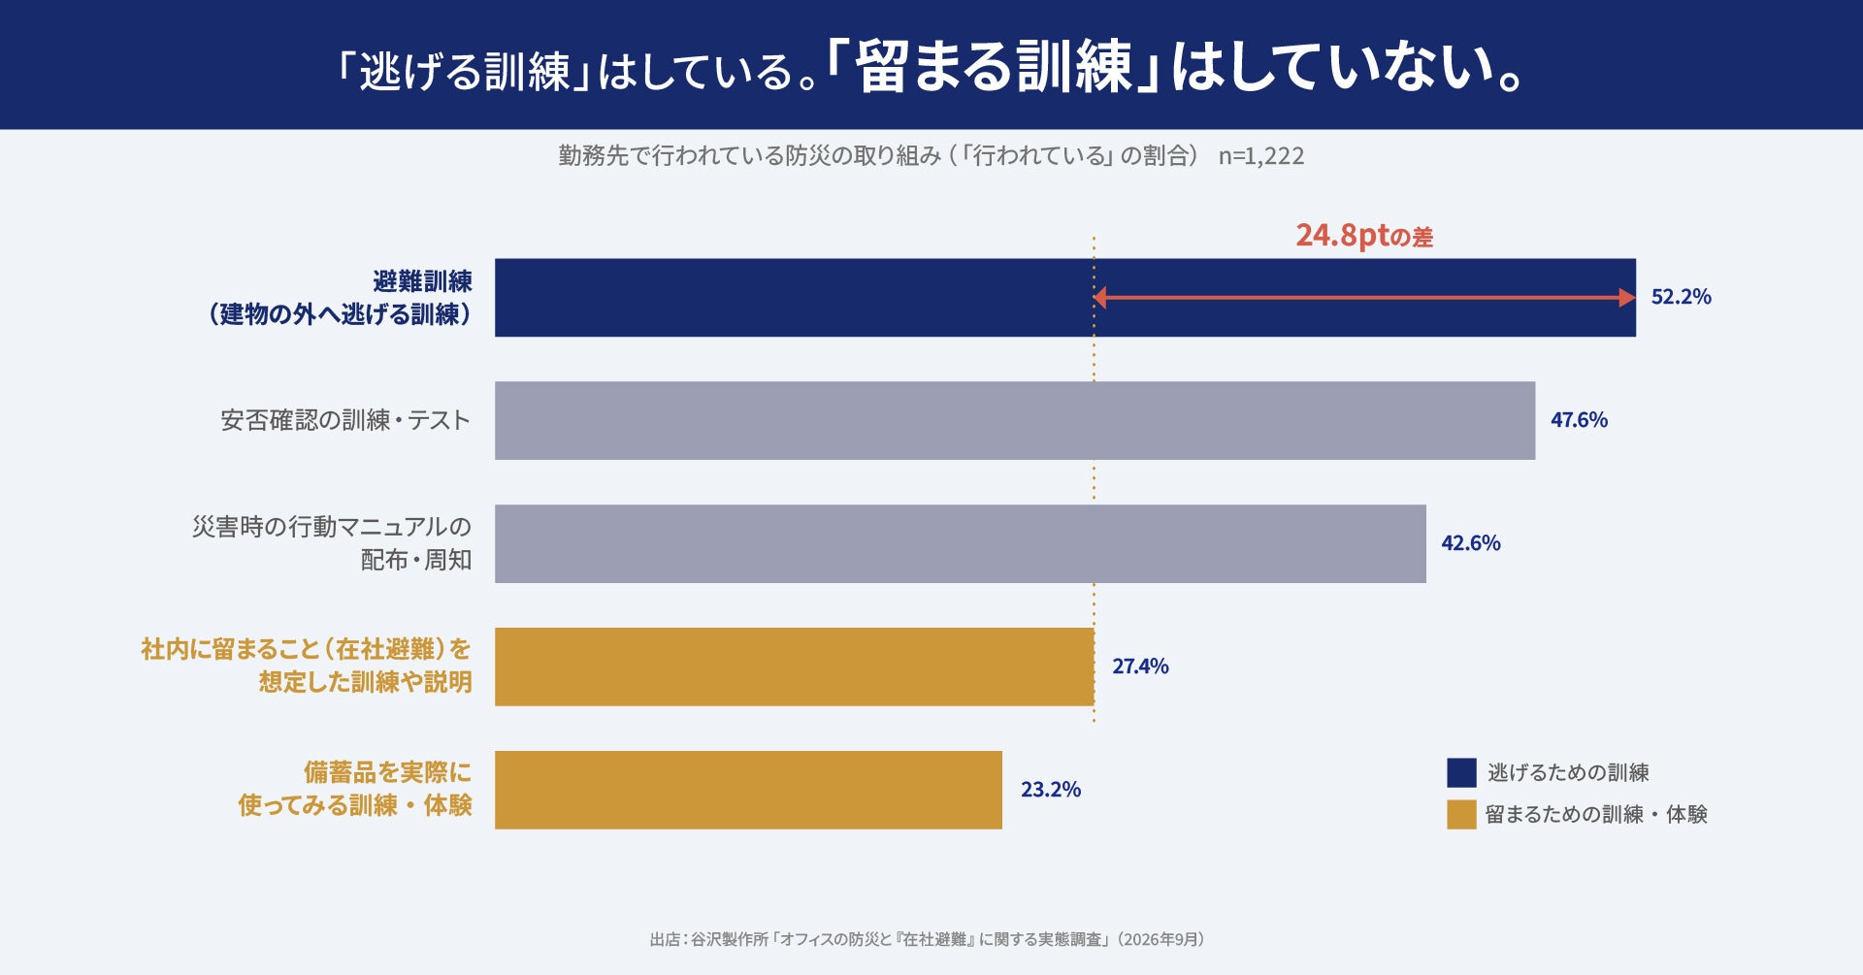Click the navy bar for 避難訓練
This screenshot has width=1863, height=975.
[x=1064, y=298]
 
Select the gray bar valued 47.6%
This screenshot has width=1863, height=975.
[x=1015, y=420]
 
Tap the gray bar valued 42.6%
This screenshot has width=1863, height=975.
[x=961, y=543]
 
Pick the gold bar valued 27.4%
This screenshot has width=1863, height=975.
[x=795, y=666]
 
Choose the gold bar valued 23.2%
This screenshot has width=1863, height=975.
[x=748, y=790]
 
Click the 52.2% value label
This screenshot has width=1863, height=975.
[x=1682, y=297]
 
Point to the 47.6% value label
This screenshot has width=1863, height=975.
[x=1579, y=420]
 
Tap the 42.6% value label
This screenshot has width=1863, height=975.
[x=1471, y=543]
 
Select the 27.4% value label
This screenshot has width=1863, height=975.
[x=1140, y=666]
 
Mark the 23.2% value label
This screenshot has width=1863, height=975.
[x=1051, y=790]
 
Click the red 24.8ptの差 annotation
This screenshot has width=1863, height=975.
[x=1364, y=236]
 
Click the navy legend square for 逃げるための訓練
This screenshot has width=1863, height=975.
[x=1461, y=772]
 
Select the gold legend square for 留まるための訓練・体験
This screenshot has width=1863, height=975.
[x=1461, y=814]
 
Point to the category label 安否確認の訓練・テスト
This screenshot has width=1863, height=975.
[x=345, y=420]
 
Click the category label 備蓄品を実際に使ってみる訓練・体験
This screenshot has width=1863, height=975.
[x=355, y=789]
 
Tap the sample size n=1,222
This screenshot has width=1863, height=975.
[x=1261, y=156]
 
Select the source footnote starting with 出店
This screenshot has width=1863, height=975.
[x=928, y=939]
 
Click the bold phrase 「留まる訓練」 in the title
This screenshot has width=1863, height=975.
[x=995, y=68]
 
